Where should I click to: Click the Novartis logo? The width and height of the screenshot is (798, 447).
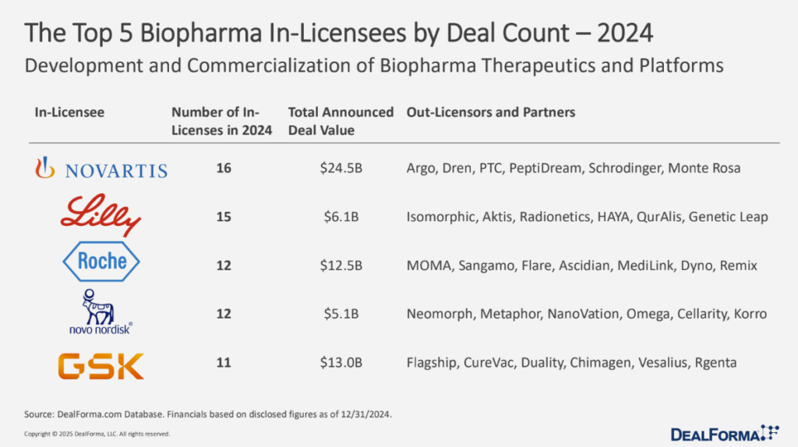coord(101,167)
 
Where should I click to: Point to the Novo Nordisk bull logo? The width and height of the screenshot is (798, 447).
coord(99,312)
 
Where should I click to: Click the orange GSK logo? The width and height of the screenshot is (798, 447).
coord(100,362)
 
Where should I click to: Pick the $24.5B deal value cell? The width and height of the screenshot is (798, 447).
coord(341,168)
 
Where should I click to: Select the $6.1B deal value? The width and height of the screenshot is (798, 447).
coord(341,216)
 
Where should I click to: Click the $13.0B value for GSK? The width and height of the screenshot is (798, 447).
coord(341,363)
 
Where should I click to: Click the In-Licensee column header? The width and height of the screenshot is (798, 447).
coord(69,112)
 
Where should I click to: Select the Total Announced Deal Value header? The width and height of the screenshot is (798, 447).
coord(341,121)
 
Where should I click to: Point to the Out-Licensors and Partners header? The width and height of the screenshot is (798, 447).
coord(491,112)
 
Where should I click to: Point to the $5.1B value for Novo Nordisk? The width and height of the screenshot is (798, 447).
coord(341,315)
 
